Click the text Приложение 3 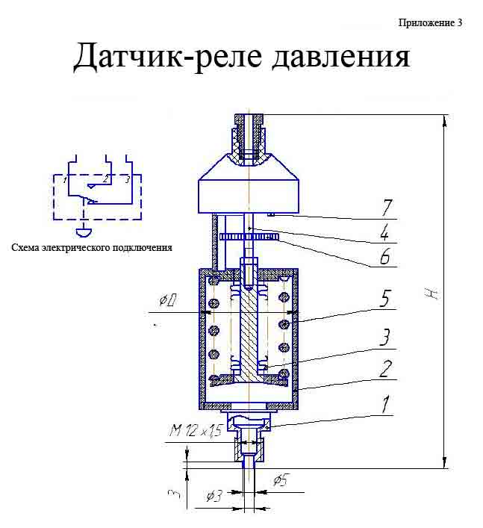pyautogui.click(x=430, y=23)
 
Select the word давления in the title pyautogui.click(x=341, y=56)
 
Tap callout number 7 pyautogui.click(x=387, y=207)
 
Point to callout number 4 pyautogui.click(x=385, y=232)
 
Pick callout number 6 pyautogui.click(x=384, y=257)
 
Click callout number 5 pyautogui.click(x=385, y=298)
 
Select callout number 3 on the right pyautogui.click(x=385, y=337)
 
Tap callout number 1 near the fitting pyautogui.click(x=385, y=404)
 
